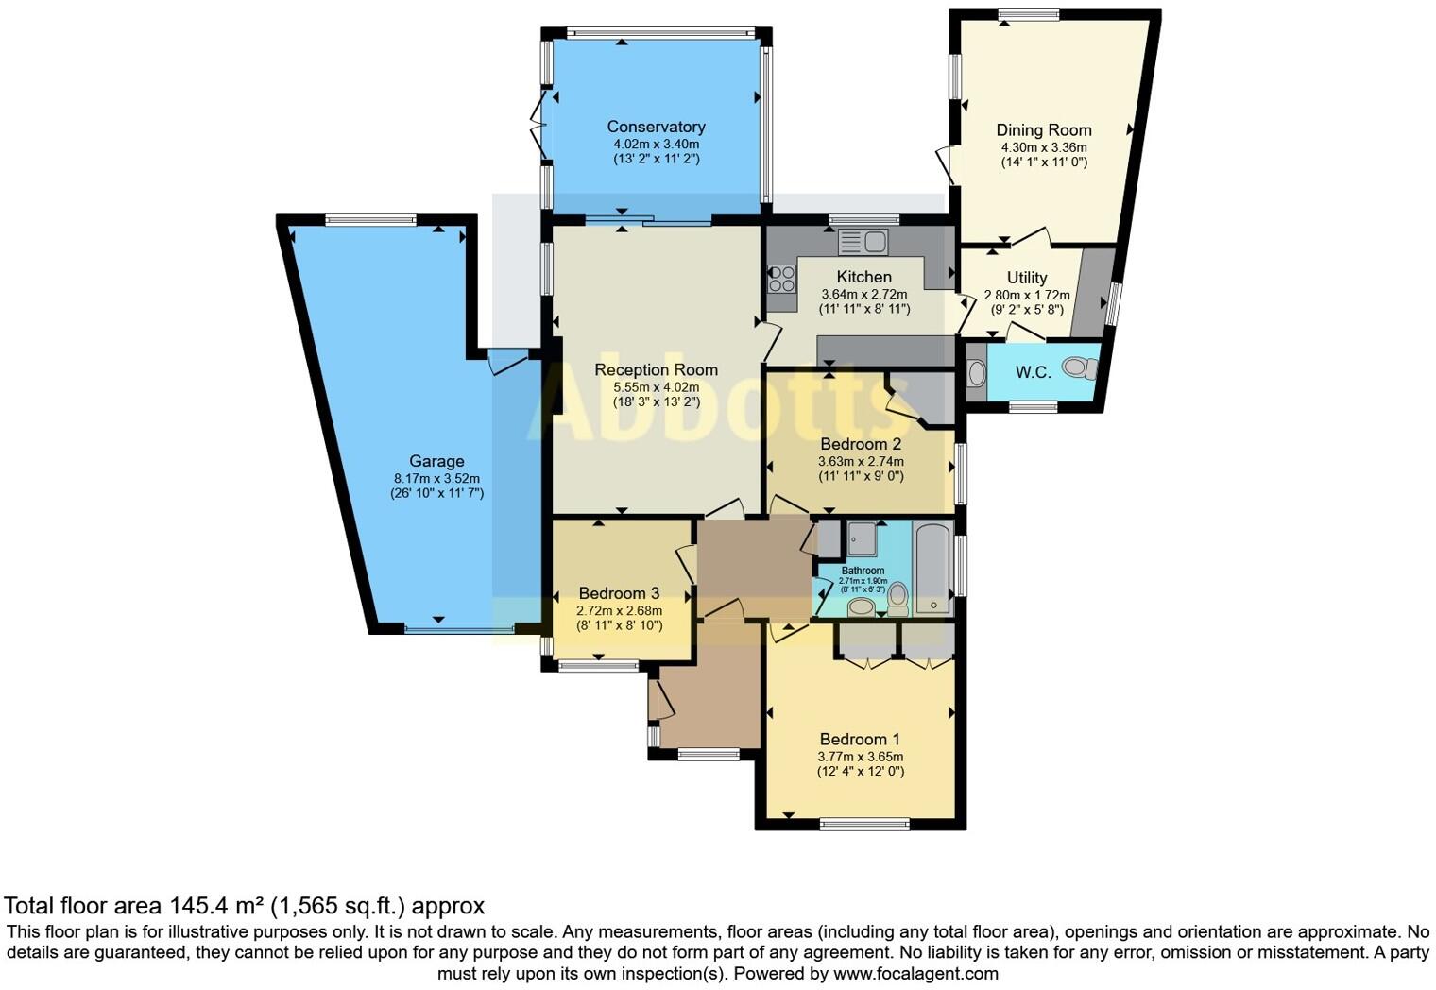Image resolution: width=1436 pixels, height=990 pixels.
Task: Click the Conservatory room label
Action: [656, 127]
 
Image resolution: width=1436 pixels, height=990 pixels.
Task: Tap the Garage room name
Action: [436, 461]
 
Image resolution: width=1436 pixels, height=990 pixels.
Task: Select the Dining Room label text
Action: [1044, 130]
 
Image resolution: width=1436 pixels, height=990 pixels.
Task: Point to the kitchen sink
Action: [863, 242]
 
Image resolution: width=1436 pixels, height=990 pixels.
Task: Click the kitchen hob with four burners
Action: [781, 278]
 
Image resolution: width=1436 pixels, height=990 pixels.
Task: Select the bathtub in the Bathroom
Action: [933, 568]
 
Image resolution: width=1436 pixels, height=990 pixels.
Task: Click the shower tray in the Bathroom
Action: [861, 538]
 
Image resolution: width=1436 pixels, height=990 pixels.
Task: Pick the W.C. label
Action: [1033, 372]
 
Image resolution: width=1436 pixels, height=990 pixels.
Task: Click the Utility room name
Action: [1027, 278]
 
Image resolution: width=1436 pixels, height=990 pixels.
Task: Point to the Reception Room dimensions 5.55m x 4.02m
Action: [656, 387]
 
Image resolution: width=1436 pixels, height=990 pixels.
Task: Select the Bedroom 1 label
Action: [860, 740]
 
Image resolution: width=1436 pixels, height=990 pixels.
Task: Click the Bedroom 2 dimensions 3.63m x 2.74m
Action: [860, 462]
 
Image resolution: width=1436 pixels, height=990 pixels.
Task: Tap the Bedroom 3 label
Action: [619, 593]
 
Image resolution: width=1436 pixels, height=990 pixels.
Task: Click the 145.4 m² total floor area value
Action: [216, 907]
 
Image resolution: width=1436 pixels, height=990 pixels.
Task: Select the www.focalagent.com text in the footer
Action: [915, 973]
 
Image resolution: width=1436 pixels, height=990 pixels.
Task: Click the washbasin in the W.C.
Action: [976, 373]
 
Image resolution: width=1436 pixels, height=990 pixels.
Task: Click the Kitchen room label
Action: [863, 277]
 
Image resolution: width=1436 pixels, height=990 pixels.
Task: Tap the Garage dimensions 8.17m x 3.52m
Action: [436, 478]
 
